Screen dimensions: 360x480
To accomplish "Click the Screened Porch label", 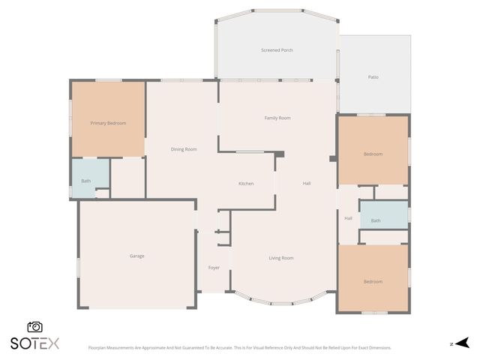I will click(x=277, y=50).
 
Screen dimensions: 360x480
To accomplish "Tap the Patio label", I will click(x=373, y=76).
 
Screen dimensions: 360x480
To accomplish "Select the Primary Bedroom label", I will click(x=108, y=123).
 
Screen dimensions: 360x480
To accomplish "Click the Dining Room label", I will click(x=184, y=149).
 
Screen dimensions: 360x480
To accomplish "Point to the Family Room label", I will click(x=277, y=118).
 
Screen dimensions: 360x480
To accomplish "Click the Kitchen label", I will click(x=246, y=184).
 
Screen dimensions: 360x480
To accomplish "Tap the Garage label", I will click(x=136, y=256).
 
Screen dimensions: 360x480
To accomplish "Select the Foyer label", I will click(x=214, y=267).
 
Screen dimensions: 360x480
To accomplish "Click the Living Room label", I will click(x=281, y=258).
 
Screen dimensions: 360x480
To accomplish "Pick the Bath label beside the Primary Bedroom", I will click(x=86, y=181).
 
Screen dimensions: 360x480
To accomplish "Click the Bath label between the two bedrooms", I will click(x=375, y=220).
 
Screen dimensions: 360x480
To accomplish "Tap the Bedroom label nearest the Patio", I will click(x=373, y=154).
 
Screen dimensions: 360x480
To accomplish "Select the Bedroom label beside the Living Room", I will click(x=373, y=281).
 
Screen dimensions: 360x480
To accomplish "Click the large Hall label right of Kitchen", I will click(x=307, y=184).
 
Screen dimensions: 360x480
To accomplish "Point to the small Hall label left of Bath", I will click(x=348, y=218).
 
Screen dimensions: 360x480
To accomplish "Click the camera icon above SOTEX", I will click(x=34, y=327).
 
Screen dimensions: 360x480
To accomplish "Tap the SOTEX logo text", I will click(x=34, y=343).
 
